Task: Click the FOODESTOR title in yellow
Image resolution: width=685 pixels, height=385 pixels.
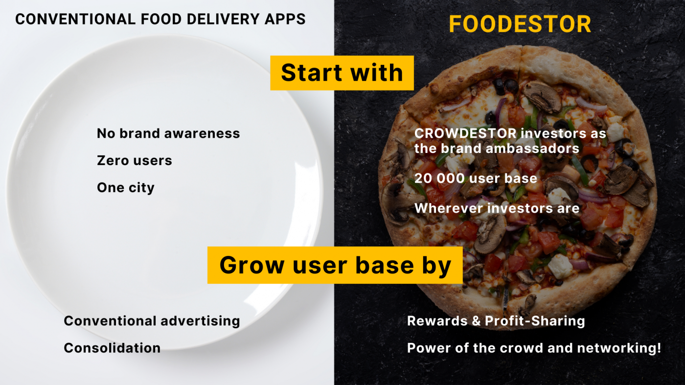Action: (520, 24)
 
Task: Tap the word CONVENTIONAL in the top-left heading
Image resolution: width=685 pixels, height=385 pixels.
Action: (75, 19)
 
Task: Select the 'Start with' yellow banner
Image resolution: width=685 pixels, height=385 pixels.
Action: (342, 73)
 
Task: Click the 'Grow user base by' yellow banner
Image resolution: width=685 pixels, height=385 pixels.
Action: (335, 265)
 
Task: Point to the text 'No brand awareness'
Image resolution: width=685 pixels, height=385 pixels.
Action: (168, 133)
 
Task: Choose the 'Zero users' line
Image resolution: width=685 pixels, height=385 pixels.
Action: (135, 160)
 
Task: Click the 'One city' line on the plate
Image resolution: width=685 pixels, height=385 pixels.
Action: (126, 188)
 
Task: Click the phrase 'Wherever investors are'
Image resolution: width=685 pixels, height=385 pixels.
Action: (497, 208)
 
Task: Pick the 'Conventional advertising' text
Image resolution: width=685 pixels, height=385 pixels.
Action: (152, 321)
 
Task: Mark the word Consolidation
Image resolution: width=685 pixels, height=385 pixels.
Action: (112, 348)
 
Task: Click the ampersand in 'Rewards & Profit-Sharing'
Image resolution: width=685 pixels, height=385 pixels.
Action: (476, 321)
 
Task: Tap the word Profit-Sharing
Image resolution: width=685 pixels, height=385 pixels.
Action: (535, 321)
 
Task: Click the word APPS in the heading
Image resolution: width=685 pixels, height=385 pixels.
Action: (285, 19)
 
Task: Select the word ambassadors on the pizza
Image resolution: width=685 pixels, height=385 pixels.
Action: (532, 149)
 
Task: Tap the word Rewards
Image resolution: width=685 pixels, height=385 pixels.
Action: (437, 321)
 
